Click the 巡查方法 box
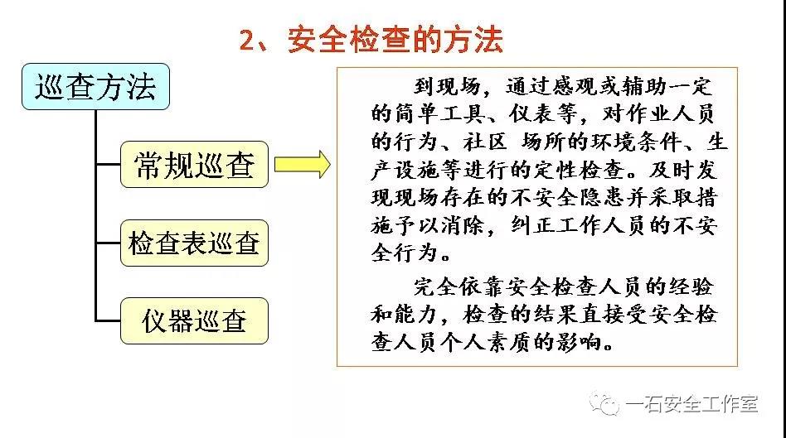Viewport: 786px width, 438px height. (x=95, y=87)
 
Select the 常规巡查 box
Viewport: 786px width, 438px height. (x=195, y=165)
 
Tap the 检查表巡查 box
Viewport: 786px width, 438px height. (x=195, y=243)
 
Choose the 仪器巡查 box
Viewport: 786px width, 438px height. (x=195, y=321)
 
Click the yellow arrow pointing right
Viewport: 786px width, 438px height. (x=303, y=164)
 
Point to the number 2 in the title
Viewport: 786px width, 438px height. (x=247, y=40)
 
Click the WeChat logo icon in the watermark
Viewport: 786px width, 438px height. (x=604, y=403)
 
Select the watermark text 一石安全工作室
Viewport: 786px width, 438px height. (x=691, y=404)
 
